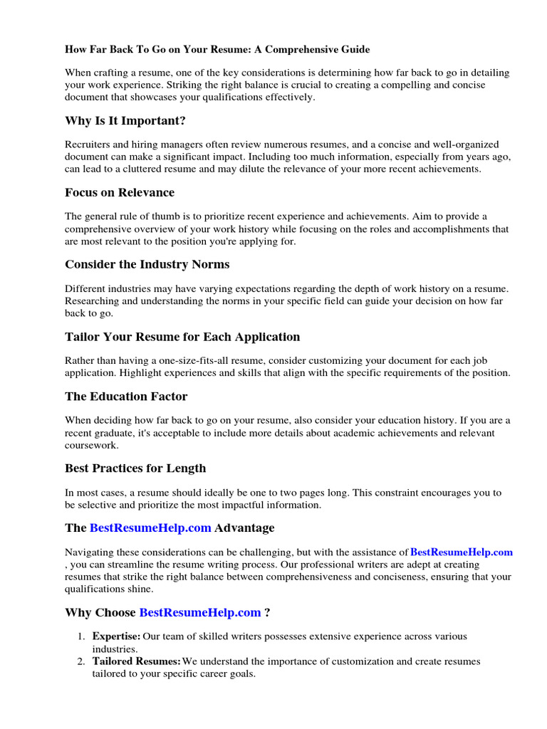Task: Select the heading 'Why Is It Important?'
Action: tap(125, 120)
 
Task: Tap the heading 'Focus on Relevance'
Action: tap(120, 192)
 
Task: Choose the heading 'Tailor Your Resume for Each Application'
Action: tap(182, 336)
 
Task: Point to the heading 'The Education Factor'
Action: tap(126, 396)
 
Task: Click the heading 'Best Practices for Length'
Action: tap(135, 468)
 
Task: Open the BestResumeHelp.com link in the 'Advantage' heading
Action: tap(150, 528)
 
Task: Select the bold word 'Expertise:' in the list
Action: tap(117, 636)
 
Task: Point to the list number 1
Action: tap(81, 636)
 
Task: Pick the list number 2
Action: tap(81, 661)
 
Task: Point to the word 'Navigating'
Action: tap(90, 552)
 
